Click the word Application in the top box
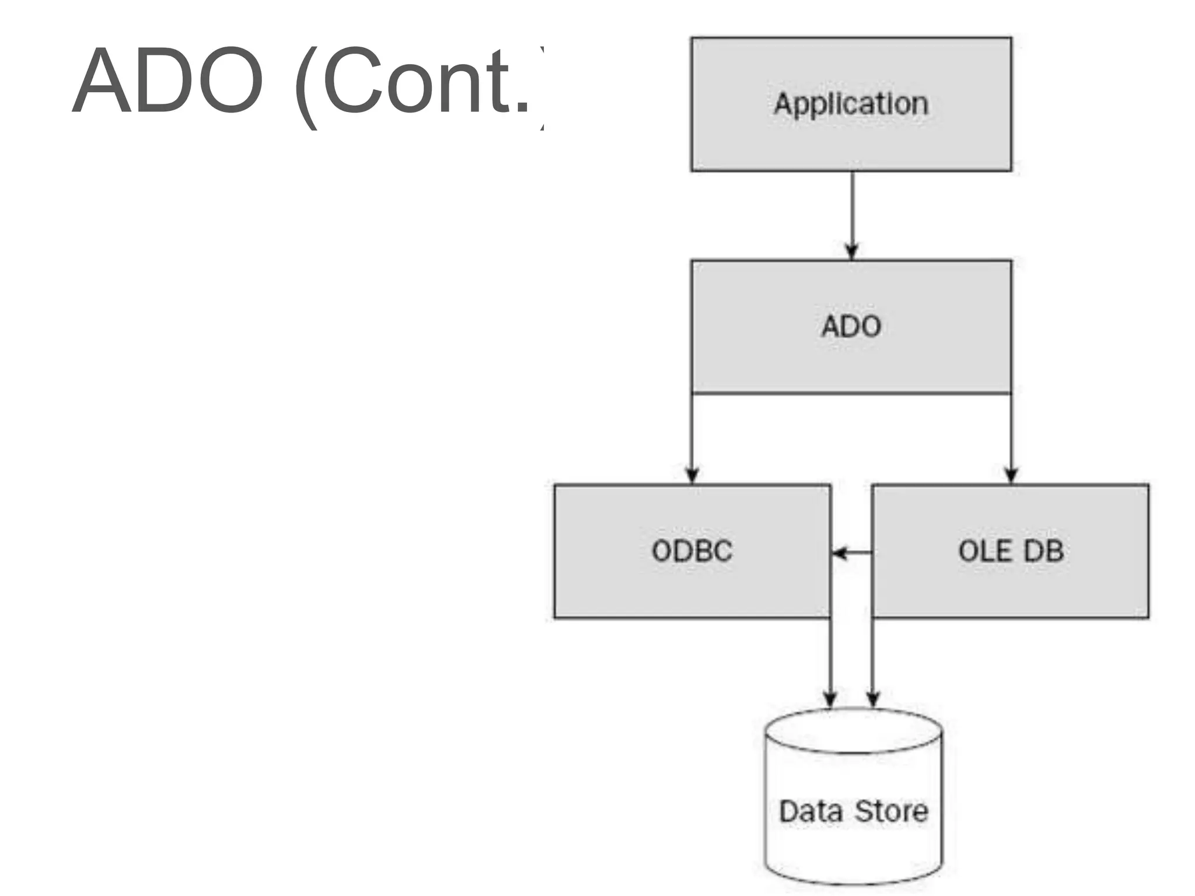click(x=851, y=104)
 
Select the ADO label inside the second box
click(x=851, y=327)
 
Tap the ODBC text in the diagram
click(x=691, y=551)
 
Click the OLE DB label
click(x=1011, y=551)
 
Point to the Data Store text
click(x=853, y=811)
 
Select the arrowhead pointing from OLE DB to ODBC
click(x=839, y=552)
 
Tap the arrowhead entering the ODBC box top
click(x=692, y=475)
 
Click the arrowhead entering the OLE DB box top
click(x=1011, y=475)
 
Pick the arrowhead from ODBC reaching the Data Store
click(x=830, y=699)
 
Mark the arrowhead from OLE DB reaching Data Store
click(x=873, y=699)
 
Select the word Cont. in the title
click(x=427, y=82)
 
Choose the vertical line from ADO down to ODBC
click(x=692, y=432)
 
